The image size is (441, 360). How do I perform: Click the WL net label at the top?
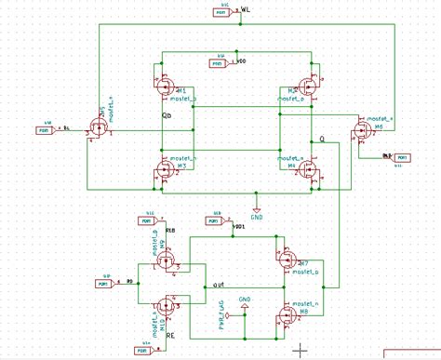tap(246, 10)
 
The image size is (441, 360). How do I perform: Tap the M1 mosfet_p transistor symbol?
tap(165, 89)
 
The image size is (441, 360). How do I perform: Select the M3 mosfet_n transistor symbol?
tap(165, 168)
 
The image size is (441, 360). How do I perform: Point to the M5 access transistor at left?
tap(97, 129)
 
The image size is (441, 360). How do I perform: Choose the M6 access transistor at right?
tap(358, 130)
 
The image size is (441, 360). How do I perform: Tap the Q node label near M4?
tap(323, 139)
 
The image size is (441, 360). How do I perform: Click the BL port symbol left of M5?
tap(45, 129)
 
